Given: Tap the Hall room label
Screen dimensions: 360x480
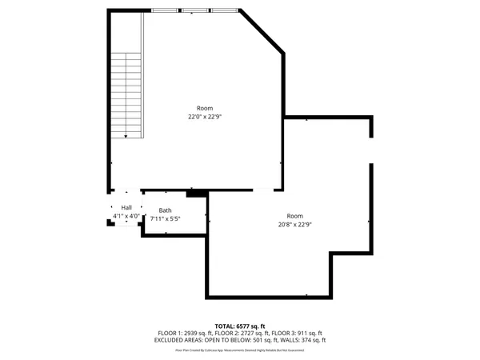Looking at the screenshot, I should [x=126, y=207].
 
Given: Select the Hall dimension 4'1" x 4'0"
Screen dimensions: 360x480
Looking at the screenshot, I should [x=126, y=216].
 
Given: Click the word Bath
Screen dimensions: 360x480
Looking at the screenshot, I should [x=165, y=210].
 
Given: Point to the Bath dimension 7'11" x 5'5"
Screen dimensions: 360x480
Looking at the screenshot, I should [x=165, y=218].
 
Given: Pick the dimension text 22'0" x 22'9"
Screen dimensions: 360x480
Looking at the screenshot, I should [x=205, y=117].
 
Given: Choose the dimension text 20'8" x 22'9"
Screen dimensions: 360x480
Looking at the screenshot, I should [x=295, y=225].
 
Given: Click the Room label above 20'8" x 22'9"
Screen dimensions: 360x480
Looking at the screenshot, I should [x=295, y=216].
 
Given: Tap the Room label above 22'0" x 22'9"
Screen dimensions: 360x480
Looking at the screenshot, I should [x=205, y=108].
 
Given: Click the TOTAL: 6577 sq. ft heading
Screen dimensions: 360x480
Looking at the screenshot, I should [x=239, y=326].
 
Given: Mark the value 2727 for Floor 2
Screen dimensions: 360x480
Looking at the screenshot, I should [x=249, y=334].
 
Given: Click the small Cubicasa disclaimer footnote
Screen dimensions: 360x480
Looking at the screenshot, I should [x=239, y=350].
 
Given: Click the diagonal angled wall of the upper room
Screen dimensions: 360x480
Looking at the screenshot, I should [x=262, y=32].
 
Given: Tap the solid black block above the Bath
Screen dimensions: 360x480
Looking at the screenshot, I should [x=196, y=193].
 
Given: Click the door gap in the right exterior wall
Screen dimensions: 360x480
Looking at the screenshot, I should [x=370, y=150].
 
